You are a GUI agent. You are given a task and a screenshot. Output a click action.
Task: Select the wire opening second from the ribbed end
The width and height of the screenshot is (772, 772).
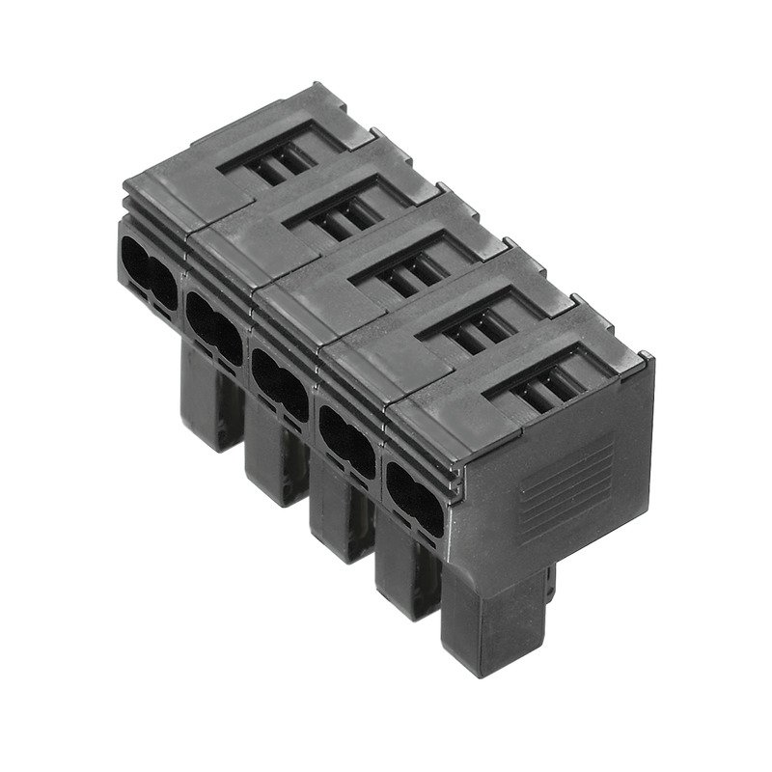coord(346,439)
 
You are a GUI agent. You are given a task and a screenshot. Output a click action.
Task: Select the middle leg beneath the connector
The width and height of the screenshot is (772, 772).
coord(338,521)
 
